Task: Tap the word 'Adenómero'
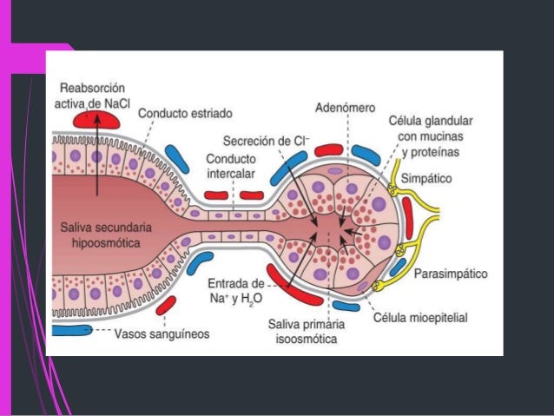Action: (x=344, y=108)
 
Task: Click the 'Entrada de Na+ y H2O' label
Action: (x=236, y=292)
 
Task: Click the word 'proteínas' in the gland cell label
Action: (x=436, y=151)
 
